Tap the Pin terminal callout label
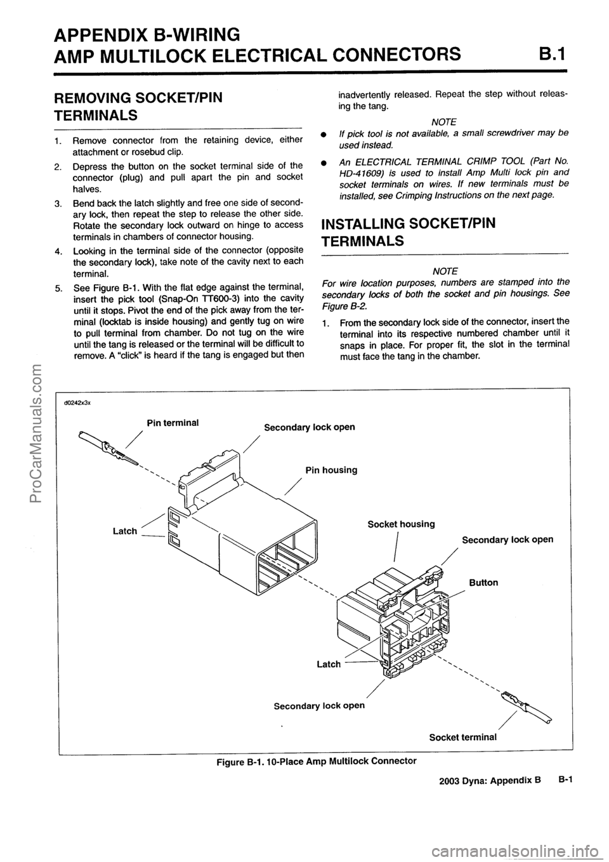coord(173,422)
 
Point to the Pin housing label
coord(331,470)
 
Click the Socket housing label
coord(402,524)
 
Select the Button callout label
coord(483,582)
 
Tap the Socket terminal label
coord(462,737)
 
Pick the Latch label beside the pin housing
coord(124,530)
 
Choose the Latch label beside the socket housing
coord(329,664)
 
